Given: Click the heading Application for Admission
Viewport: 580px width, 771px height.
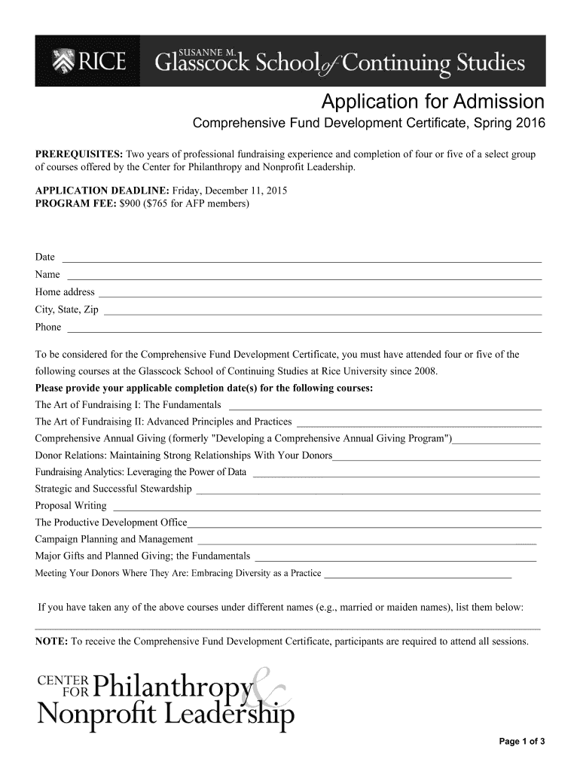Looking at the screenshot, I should pyautogui.click(x=432, y=102).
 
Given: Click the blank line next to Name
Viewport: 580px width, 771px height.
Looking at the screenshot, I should pyautogui.click(x=304, y=277).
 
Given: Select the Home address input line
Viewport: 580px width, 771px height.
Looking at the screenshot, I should pyautogui.click(x=320, y=294).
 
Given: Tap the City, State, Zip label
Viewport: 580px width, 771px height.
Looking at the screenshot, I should pyautogui.click(x=67, y=309).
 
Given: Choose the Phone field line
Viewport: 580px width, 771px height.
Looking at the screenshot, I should pyautogui.click(x=304, y=330).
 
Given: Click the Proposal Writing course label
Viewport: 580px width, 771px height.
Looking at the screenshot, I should pyautogui.click(x=71, y=505).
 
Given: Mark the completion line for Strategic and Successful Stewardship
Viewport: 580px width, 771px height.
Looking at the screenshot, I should pyautogui.click(x=368, y=492).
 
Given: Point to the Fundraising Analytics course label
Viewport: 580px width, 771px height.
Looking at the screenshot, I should pyautogui.click(x=141, y=472).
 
